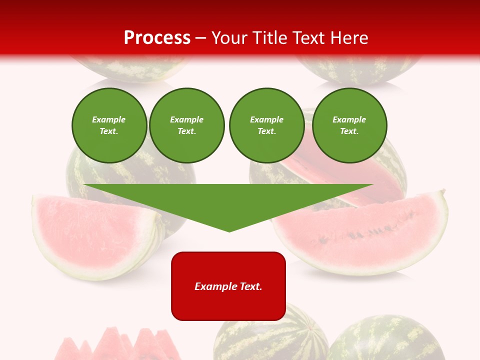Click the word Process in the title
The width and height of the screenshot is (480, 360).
[157, 38]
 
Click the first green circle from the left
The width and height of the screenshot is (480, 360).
[109, 125]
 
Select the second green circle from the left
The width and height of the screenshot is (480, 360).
[186, 125]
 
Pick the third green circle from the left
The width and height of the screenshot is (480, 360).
[266, 125]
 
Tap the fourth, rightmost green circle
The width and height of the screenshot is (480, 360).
[349, 125]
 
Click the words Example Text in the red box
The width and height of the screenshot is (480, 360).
[228, 286]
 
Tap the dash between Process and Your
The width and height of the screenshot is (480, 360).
[201, 38]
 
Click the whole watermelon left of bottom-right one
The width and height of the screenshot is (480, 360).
[270, 335]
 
